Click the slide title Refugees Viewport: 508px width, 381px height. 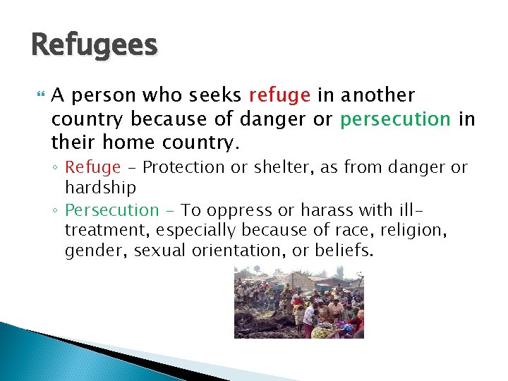click(95, 46)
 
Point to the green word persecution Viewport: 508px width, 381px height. click(395, 119)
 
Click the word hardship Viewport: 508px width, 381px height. click(100, 188)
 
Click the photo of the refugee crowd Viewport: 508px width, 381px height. click(299, 303)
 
